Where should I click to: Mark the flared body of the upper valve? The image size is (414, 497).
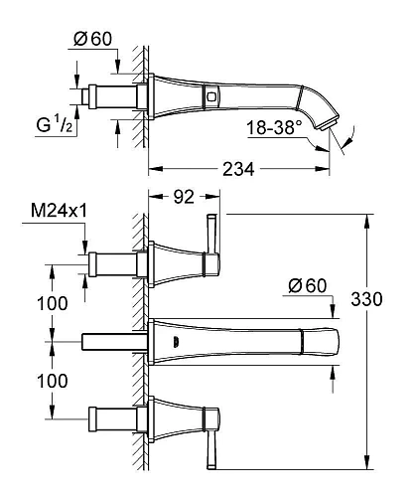[179, 261]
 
